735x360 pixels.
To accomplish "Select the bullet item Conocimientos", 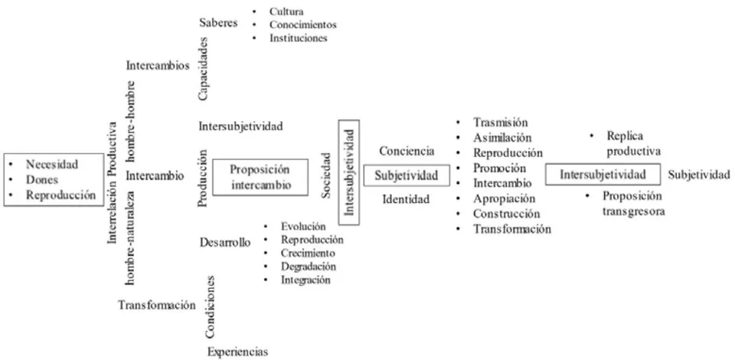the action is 303,25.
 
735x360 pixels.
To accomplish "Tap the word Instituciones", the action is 298,38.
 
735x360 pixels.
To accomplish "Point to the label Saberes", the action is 218,22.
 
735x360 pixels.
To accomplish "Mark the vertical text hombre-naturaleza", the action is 132,237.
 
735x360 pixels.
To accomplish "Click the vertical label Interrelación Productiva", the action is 112,182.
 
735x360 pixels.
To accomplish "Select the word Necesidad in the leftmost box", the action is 52,164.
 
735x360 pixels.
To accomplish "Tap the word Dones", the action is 41,179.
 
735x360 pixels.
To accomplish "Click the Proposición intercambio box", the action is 260,177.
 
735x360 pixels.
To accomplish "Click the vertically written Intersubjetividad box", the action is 349,172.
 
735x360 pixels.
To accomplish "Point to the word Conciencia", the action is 407,151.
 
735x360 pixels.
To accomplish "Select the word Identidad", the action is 406,199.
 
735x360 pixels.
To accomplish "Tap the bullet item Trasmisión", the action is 501,123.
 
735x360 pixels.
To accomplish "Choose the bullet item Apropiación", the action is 505,198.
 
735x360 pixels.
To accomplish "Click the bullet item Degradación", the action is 309,267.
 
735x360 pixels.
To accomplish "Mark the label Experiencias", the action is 238,352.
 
